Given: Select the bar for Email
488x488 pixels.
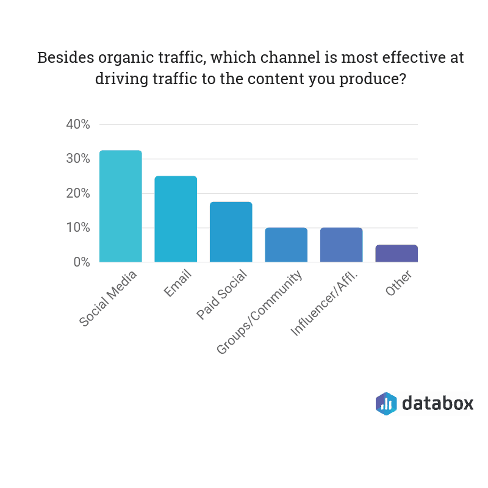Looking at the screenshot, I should click(176, 219).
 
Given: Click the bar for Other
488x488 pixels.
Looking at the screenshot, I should click(396, 254).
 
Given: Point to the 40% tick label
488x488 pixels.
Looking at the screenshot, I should click(78, 124).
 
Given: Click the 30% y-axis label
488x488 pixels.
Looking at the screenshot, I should click(78, 159).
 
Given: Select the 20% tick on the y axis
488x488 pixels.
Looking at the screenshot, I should click(78, 193).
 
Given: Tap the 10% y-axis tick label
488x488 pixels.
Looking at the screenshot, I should click(78, 228).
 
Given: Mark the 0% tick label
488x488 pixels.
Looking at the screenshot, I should click(81, 262).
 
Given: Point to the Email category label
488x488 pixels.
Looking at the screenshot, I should click(178, 284).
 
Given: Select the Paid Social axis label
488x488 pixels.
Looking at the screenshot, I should click(222, 294).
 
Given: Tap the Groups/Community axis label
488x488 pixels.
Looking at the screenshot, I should click(260, 312).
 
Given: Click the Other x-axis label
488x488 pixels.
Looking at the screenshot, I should click(400, 283).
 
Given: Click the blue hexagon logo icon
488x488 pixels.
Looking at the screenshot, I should click(386, 404).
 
